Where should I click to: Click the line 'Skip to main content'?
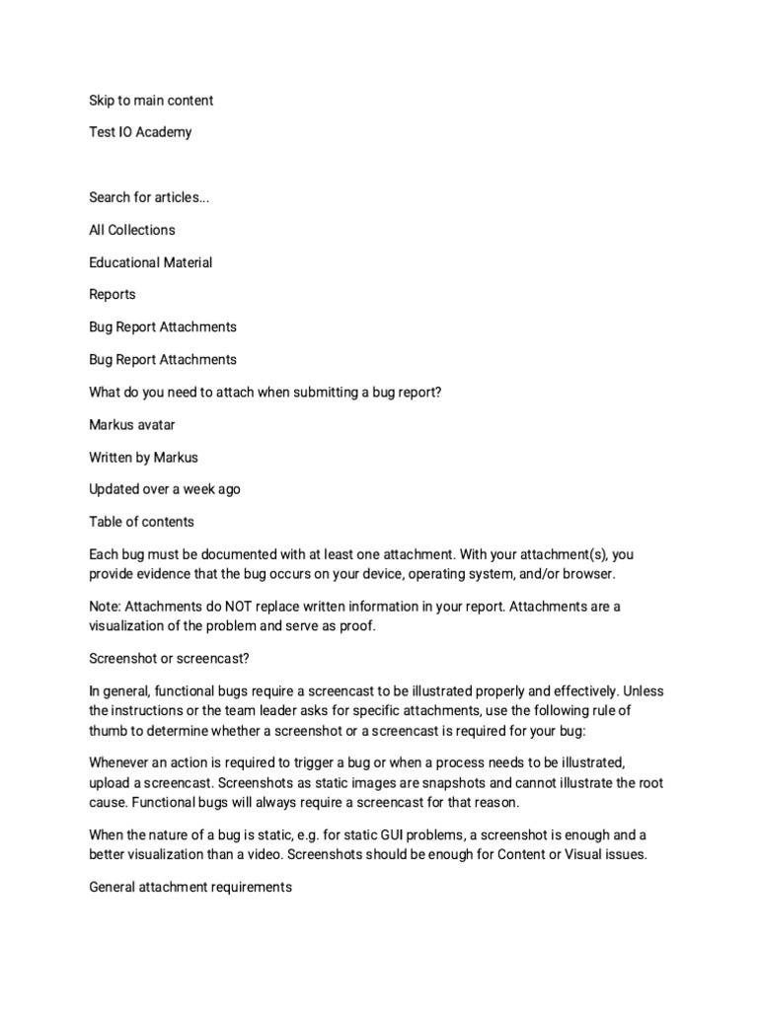point(151,101)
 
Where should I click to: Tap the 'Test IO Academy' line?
point(140,132)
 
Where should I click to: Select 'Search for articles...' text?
point(149,197)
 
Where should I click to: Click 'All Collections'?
point(132,230)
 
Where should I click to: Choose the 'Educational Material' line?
point(151,262)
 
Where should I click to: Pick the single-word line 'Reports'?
point(113,294)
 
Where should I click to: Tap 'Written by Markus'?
point(144,457)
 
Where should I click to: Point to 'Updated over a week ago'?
point(165,489)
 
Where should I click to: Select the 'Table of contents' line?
point(141,522)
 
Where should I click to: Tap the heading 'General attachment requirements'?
point(190,887)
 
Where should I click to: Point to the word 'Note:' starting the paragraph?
point(107,606)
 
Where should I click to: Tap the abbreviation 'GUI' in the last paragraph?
point(365,833)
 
